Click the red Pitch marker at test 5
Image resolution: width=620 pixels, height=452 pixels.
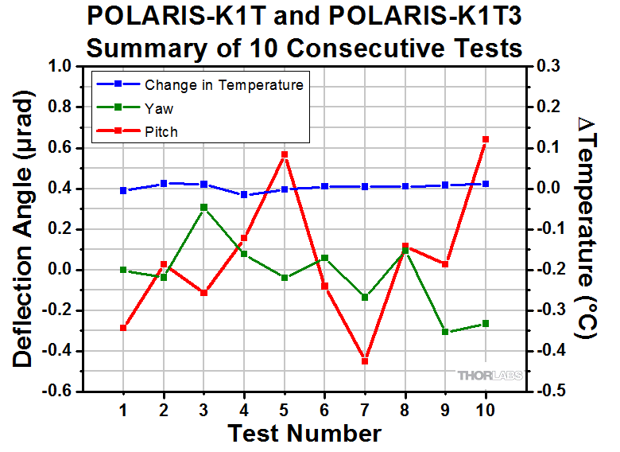tap(284, 154)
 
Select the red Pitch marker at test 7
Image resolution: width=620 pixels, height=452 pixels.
tap(365, 361)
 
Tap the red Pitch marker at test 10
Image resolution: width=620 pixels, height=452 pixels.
tap(486, 139)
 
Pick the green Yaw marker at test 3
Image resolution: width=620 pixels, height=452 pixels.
tap(203, 208)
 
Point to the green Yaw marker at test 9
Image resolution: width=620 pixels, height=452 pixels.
tap(445, 332)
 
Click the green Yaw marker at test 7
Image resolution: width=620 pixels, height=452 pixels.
tap(365, 298)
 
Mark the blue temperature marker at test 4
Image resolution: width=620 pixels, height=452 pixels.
tap(244, 195)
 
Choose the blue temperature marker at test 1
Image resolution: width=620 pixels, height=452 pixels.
tap(123, 191)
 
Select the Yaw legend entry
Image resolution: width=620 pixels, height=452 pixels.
tap(159, 107)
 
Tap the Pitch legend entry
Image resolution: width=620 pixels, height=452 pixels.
tap(161, 131)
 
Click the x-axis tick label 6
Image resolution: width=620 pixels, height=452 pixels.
tap(324, 410)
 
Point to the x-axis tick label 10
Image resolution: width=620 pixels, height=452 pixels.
tap(486, 410)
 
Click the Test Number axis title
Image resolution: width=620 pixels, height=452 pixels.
tap(304, 434)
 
